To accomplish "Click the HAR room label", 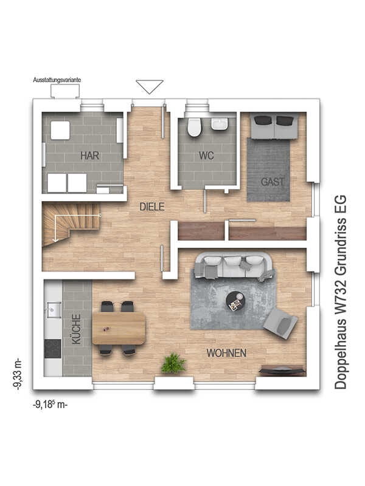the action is [89, 156].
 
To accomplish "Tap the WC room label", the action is [206, 156].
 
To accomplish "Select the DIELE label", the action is [152, 207].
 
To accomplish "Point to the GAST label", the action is [273, 181].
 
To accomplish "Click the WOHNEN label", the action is [226, 353].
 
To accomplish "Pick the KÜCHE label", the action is [76, 329].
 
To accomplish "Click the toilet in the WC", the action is [195, 128].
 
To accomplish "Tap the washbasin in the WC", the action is [220, 125].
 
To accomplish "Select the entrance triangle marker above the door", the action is [150, 87].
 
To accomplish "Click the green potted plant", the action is [173, 363].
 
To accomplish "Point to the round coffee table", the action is [235, 301].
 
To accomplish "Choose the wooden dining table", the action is [119, 328].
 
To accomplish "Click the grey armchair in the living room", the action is [280, 323].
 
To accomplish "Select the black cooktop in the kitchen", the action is [53, 348].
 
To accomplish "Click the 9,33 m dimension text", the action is [18, 374].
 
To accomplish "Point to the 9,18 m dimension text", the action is [50, 405].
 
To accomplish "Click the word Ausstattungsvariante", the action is [57, 80].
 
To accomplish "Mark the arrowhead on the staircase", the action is [55, 239].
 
